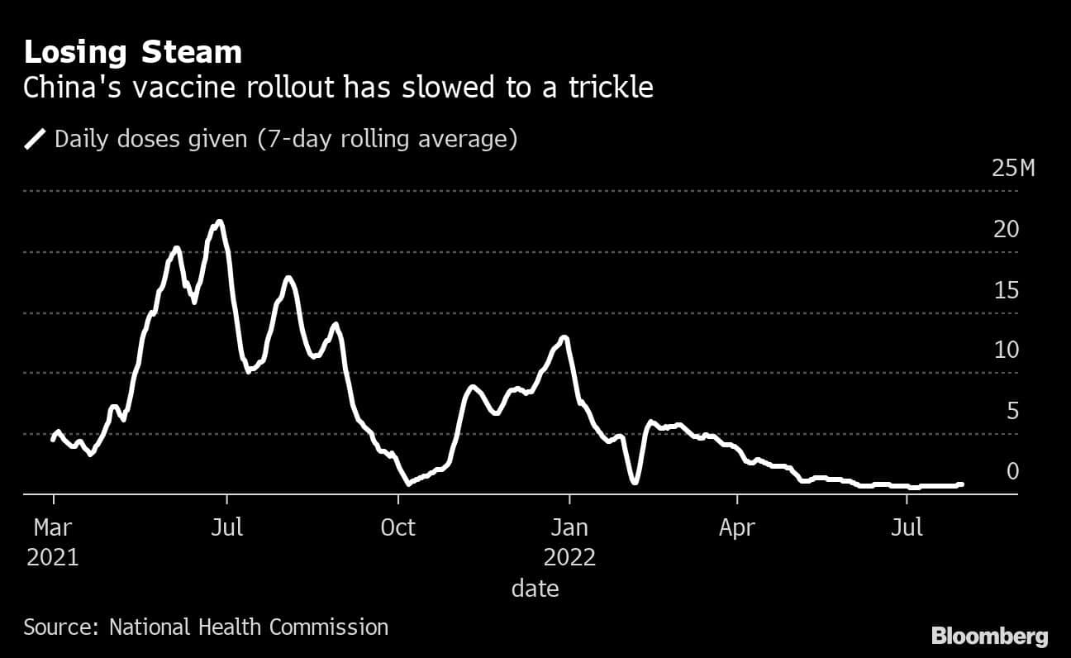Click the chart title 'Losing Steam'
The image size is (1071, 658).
[132, 53]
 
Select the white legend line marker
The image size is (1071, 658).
[36, 139]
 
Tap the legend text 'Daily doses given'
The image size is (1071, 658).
[150, 139]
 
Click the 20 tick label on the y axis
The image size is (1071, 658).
[1006, 230]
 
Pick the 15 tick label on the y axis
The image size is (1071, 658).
[1006, 291]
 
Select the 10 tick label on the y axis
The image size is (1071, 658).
[1006, 350]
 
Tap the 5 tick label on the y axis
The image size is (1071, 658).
[1012, 412]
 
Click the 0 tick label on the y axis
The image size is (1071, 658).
[1012, 471]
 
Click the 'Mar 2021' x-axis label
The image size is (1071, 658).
[52, 541]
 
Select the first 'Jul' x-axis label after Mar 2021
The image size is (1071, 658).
[226, 527]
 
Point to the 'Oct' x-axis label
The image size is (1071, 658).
[398, 527]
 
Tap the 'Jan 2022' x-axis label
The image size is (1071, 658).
[569, 541]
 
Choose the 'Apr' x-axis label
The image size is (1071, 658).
[737, 527]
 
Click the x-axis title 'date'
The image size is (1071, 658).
[535, 589]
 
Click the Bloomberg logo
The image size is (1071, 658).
[989, 636]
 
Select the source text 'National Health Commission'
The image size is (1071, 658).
[248, 627]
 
